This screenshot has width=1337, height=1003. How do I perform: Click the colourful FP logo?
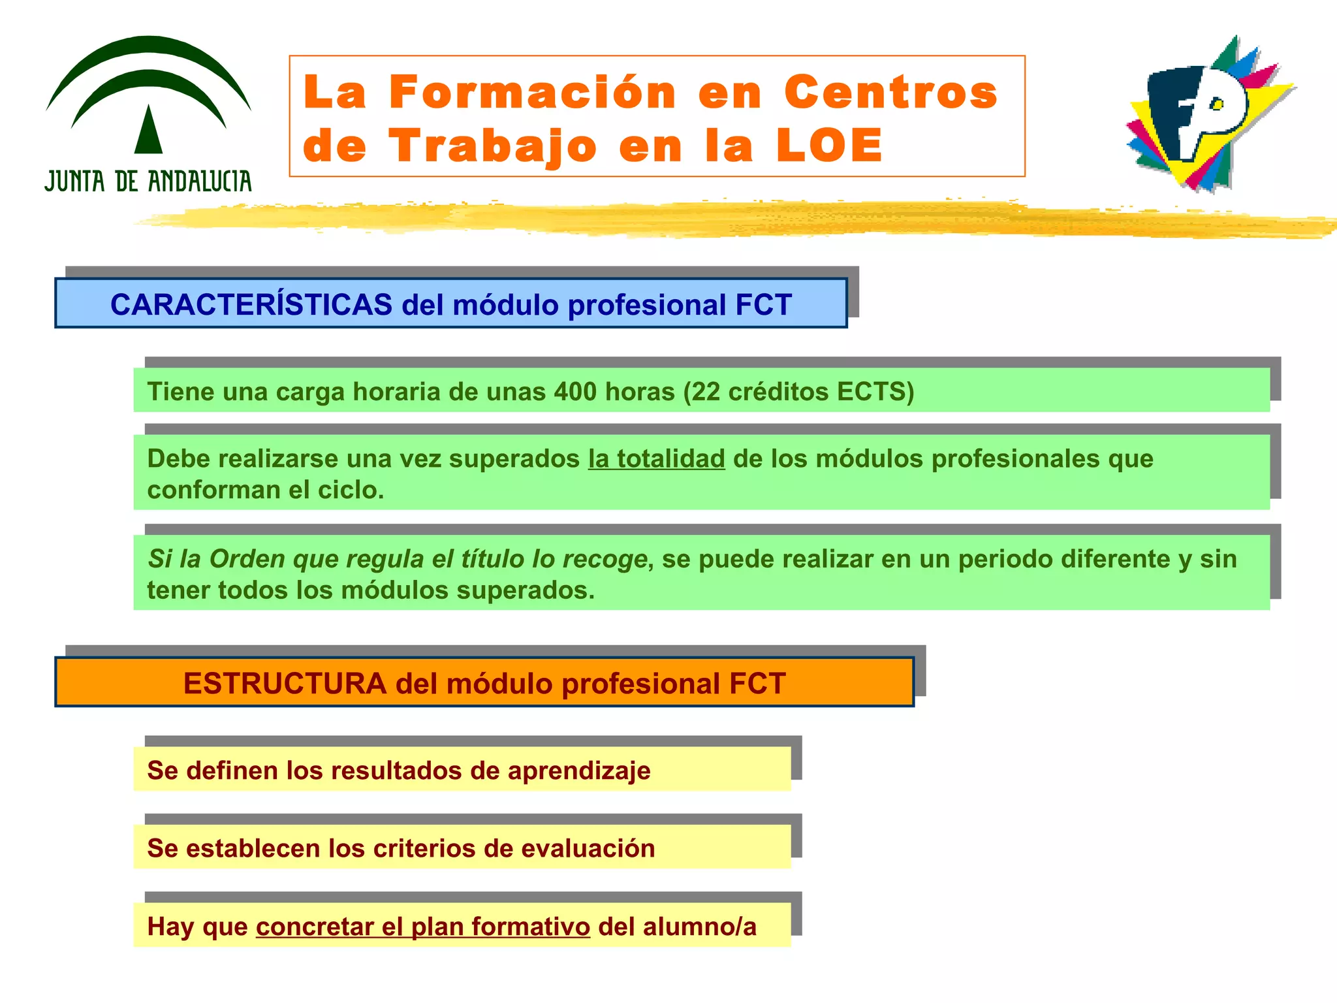[x=1208, y=114]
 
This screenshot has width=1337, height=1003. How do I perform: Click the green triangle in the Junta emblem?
[x=148, y=131]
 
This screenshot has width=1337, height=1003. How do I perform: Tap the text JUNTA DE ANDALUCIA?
[x=148, y=181]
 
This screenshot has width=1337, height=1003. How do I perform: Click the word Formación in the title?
[x=532, y=92]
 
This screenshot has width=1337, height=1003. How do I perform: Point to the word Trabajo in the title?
[x=493, y=146]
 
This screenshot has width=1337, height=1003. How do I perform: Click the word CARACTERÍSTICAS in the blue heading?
[x=251, y=305]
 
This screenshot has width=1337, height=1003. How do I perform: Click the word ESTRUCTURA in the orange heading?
[x=285, y=684]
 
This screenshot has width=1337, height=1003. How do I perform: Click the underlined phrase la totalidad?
[x=656, y=459]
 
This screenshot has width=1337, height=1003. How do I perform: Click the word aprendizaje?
[x=578, y=771]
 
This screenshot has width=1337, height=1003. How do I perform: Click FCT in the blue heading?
[x=763, y=305]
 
